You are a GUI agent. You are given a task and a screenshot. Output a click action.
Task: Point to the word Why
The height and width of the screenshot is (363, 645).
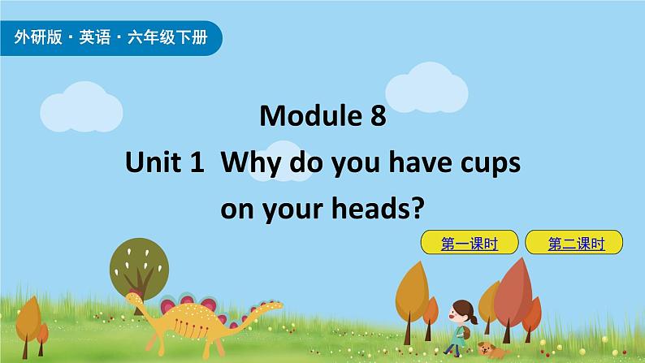tap(247, 164)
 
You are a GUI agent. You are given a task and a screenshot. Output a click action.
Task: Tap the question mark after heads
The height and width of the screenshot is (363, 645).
tap(419, 210)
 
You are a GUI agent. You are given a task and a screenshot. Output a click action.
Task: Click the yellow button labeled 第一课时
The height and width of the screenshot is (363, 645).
tap(469, 242)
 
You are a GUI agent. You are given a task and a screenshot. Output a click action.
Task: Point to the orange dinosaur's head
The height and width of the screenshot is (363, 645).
tap(132, 300)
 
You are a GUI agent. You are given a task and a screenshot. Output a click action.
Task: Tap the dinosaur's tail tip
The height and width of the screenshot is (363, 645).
tap(280, 305)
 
